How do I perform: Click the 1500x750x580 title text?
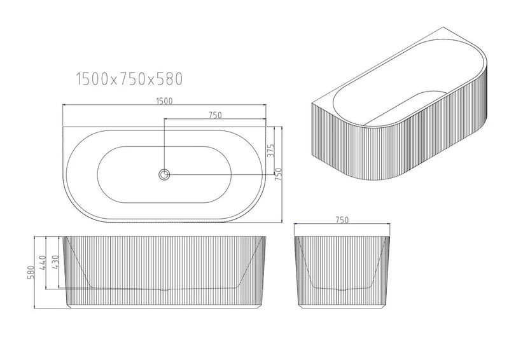tap(129, 79)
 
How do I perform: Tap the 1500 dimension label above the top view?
tap(164, 100)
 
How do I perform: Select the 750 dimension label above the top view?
tap(214, 115)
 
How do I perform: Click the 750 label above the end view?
tap(342, 220)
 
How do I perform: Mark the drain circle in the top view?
tap(165, 174)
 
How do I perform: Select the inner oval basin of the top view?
tap(165, 174)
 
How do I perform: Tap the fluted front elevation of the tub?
tap(164, 270)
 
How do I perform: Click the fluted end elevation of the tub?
tap(342, 270)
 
